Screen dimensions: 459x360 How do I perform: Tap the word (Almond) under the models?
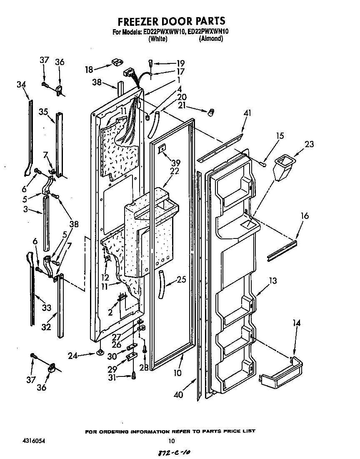211,39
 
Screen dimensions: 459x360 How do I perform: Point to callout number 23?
309,144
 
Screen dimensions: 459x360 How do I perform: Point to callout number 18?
89,69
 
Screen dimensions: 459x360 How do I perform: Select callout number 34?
21,85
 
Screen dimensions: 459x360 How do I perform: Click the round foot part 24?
100,354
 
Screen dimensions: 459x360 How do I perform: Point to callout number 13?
272,281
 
